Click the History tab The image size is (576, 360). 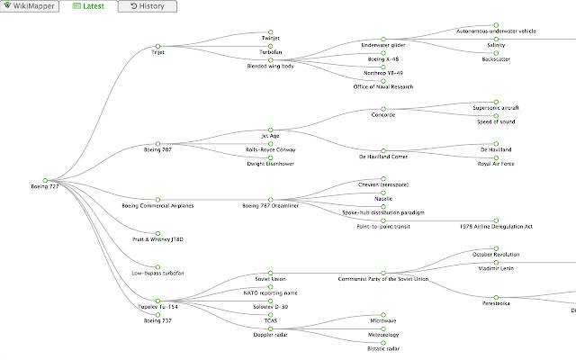click(148, 6)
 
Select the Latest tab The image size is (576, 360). click(88, 6)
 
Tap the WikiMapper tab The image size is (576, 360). click(30, 6)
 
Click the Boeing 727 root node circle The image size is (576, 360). click(45, 180)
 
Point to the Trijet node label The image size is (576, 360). click(157, 52)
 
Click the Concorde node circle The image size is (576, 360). click(383, 109)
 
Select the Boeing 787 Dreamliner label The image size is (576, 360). click(270, 206)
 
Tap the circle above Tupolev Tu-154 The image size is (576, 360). click(157, 301)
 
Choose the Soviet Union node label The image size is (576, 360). click(270, 279)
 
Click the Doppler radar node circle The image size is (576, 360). click(270, 328)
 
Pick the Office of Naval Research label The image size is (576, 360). click(383, 87)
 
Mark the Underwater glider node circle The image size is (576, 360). click(383, 39)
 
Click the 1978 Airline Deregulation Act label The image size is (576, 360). click(496, 227)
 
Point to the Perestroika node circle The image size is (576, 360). click(496, 297)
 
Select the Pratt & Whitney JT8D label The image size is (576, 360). click(157, 239)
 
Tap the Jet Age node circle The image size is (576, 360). click(270, 130)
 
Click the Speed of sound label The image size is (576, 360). click(496, 122)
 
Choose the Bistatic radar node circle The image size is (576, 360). click(383, 343)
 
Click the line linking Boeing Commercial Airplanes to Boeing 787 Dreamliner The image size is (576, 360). click(214, 200)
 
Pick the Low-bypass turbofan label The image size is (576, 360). click(157, 274)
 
